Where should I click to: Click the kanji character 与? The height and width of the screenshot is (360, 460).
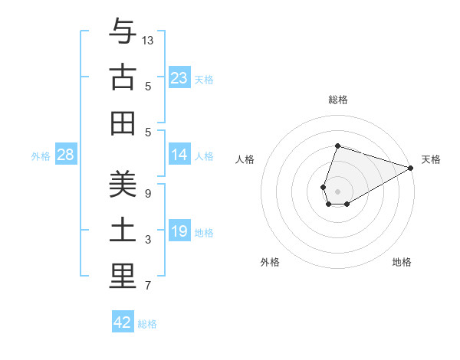(x=123, y=31)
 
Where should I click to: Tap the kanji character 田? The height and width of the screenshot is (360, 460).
(x=123, y=123)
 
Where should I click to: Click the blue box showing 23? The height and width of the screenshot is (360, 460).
(x=179, y=78)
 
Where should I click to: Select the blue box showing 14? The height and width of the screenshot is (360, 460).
(x=179, y=155)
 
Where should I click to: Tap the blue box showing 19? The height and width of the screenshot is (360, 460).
(x=179, y=231)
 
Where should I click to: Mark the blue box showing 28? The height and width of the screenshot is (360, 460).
(x=66, y=155)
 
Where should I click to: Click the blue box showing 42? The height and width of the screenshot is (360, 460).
(x=123, y=322)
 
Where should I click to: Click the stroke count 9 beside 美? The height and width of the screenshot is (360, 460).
(x=148, y=193)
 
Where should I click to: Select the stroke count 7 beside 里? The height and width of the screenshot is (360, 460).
(x=148, y=286)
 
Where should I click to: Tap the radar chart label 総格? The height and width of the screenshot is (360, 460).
(x=337, y=100)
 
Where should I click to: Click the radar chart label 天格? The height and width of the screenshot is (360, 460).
(x=431, y=159)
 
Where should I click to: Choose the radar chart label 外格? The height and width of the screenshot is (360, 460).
(x=270, y=262)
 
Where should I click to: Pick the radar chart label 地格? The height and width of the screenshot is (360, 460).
(x=402, y=262)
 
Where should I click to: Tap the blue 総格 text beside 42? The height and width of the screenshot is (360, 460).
(x=147, y=324)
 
